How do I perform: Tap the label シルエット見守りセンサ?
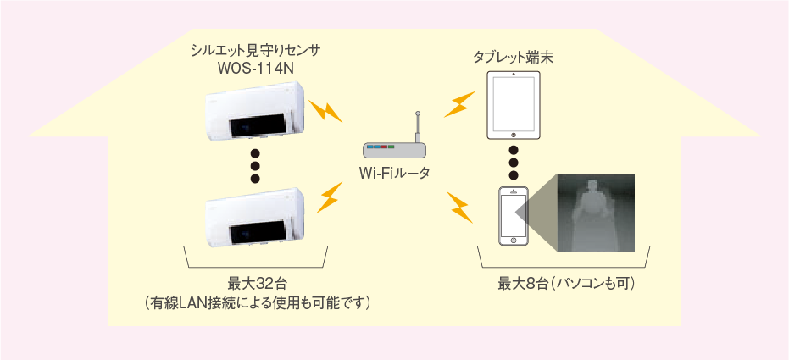point(256,51)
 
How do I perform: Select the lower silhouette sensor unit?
point(256,216)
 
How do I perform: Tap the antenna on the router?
point(417,127)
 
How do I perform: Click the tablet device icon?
point(514,105)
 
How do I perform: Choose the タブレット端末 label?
point(514,58)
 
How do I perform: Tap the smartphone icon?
point(514,216)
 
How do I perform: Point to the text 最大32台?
point(257,284)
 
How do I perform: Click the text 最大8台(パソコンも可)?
point(567,284)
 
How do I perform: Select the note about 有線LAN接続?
point(257,303)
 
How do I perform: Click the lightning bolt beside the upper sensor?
point(325,112)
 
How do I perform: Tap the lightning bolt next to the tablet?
point(459,104)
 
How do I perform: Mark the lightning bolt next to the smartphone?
point(459,207)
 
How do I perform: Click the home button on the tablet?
point(514,134)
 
